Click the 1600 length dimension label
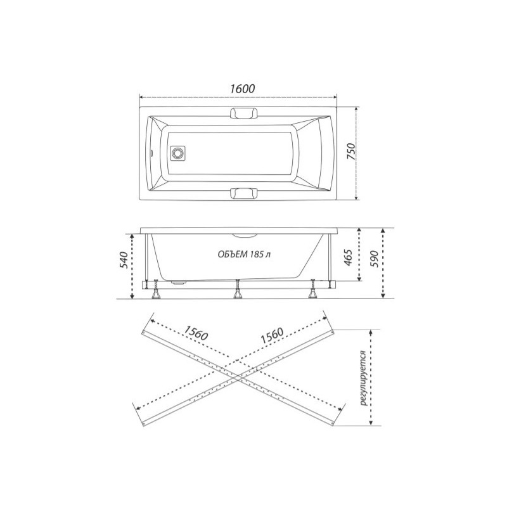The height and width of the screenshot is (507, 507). coord(243,88)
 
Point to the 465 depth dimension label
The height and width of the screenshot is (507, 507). coord(347,257)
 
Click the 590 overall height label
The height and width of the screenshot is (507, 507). coord(373,259)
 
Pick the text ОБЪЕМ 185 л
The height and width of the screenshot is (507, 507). coord(245,255)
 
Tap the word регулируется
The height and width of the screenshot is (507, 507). coord(363,378)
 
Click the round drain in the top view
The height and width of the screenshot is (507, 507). coord(177,152)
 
